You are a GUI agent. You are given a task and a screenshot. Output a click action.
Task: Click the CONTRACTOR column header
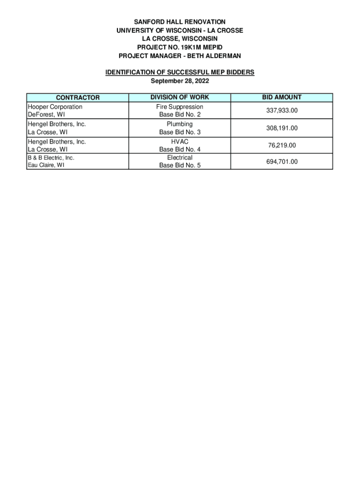click(x=78, y=98)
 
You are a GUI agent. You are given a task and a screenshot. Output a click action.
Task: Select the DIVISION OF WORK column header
click(x=180, y=97)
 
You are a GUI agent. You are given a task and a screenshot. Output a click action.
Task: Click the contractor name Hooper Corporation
click(x=55, y=107)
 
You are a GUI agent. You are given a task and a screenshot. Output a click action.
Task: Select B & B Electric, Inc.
click(x=51, y=158)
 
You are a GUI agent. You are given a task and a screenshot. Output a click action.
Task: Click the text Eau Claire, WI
click(x=46, y=165)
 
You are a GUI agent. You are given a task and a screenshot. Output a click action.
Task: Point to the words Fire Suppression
click(x=180, y=107)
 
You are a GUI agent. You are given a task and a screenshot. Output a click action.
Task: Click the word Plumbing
click(x=180, y=124)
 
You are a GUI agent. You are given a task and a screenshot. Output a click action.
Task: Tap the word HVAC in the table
click(x=180, y=141)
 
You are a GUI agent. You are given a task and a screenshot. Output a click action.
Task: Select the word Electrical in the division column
click(x=180, y=158)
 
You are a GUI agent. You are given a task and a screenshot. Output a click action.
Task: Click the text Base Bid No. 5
click(x=180, y=165)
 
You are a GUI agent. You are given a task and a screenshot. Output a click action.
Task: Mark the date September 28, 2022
click(x=180, y=81)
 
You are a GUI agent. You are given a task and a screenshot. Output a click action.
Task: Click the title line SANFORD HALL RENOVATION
click(x=180, y=22)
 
